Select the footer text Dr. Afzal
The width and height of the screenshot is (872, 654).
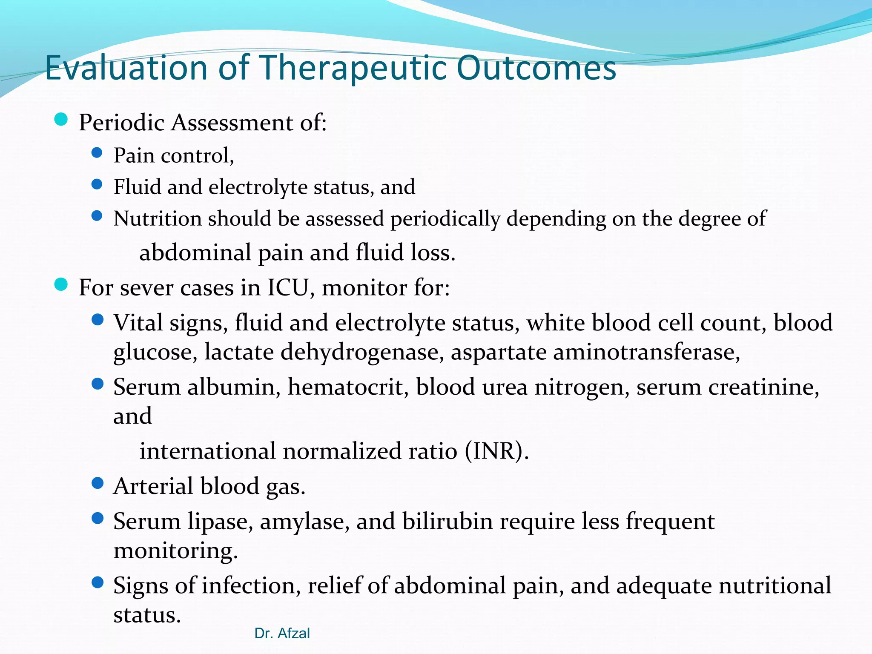tap(282, 633)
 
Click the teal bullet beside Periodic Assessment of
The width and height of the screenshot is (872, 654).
tap(61, 120)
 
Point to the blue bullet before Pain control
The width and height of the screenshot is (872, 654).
tap(97, 152)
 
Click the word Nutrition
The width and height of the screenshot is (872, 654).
tap(157, 218)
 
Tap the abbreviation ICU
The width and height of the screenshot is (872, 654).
tap(287, 287)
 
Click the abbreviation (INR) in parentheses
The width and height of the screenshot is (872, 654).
tap(496, 451)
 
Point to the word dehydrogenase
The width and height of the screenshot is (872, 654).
tap(362, 352)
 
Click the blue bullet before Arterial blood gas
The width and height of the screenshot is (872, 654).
tap(98, 483)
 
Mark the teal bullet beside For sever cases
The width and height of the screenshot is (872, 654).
tap(61, 284)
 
